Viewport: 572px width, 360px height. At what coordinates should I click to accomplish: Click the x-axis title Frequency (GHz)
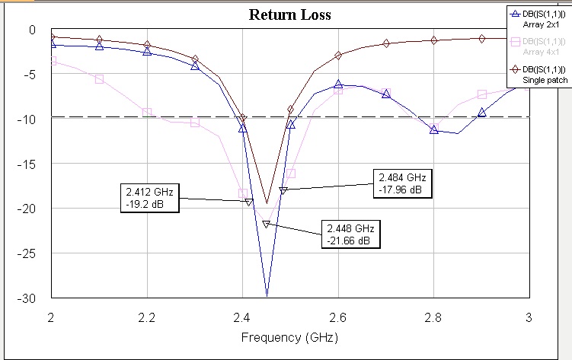(289, 336)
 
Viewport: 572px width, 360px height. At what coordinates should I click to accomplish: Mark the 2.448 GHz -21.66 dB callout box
(350, 234)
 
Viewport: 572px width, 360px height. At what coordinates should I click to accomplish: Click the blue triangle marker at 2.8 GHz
(434, 130)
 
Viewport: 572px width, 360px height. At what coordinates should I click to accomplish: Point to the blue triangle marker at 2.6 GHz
(338, 84)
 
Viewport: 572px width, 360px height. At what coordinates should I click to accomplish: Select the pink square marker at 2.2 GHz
(147, 113)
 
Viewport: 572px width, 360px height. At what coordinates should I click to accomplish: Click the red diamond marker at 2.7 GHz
(386, 43)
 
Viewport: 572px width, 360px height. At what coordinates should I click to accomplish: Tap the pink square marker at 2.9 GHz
(481, 94)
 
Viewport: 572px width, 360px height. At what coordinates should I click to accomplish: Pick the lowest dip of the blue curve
(267, 295)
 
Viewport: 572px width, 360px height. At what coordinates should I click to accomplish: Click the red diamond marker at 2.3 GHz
(195, 59)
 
